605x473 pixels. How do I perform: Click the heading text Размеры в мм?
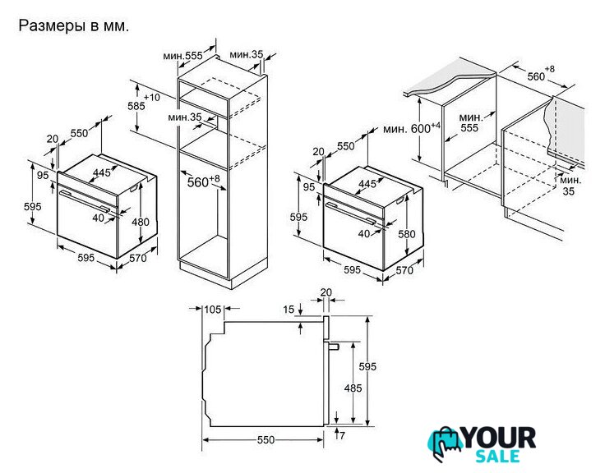coord(74,25)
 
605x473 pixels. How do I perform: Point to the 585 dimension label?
coord(136,106)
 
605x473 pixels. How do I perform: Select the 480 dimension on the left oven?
coord(141,222)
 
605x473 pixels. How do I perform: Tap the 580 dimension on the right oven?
coord(407,234)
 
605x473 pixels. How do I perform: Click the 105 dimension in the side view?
coord(213,309)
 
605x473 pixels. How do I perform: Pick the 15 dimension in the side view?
coord(289,309)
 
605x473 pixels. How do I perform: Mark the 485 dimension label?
coord(353,388)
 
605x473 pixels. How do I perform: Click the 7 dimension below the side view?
coord(342,435)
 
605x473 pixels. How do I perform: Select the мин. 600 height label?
coord(412,128)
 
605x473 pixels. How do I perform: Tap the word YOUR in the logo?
coord(499,438)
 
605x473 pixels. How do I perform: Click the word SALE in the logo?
coord(497,456)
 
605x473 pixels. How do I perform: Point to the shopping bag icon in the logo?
coord(445,443)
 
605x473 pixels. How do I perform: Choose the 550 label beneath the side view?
coord(266,440)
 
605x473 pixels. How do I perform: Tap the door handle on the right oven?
coord(350,214)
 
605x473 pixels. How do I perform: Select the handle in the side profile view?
coord(333,347)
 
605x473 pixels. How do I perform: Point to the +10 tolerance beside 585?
coord(151,97)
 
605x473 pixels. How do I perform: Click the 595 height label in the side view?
coord(367,366)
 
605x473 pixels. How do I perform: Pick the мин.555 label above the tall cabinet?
coord(182,56)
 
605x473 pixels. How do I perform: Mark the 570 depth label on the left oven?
coord(138,258)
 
